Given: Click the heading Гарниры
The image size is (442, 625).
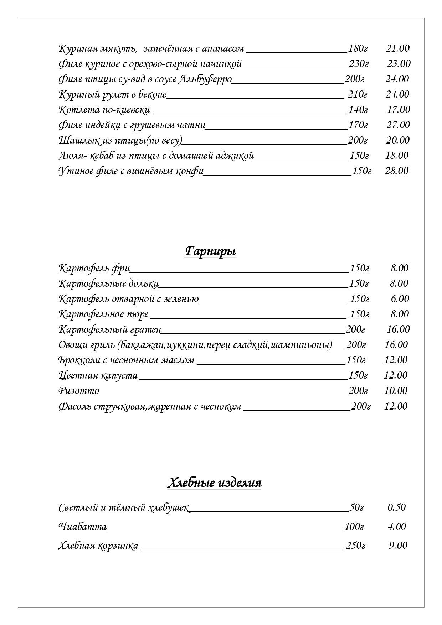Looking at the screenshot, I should click(x=210, y=251).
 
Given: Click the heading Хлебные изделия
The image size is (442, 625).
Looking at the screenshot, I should click(x=214, y=483).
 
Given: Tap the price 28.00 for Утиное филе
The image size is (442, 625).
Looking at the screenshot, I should click(x=396, y=171).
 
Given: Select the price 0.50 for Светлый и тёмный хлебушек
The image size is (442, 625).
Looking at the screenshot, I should click(x=396, y=507).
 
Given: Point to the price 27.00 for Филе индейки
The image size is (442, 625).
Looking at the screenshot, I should click(x=398, y=125).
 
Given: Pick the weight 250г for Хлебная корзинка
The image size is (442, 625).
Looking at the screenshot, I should click(x=355, y=545).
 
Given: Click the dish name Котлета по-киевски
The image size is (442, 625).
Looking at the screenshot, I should click(x=104, y=110).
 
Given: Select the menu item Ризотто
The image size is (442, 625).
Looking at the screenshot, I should click(x=78, y=391).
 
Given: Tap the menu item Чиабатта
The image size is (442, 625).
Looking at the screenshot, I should click(x=82, y=526).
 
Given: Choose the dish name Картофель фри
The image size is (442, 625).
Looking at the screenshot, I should click(x=94, y=268).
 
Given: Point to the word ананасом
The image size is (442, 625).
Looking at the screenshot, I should click(x=223, y=48).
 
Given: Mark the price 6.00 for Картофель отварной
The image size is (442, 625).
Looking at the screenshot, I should click(x=400, y=298).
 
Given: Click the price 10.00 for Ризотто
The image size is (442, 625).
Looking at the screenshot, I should click(x=395, y=391).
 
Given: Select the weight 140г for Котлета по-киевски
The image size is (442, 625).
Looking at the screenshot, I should click(x=358, y=110).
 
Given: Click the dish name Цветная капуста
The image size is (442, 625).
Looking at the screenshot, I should click(x=98, y=375).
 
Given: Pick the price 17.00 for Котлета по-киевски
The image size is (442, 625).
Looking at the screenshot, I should click(x=399, y=110).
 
